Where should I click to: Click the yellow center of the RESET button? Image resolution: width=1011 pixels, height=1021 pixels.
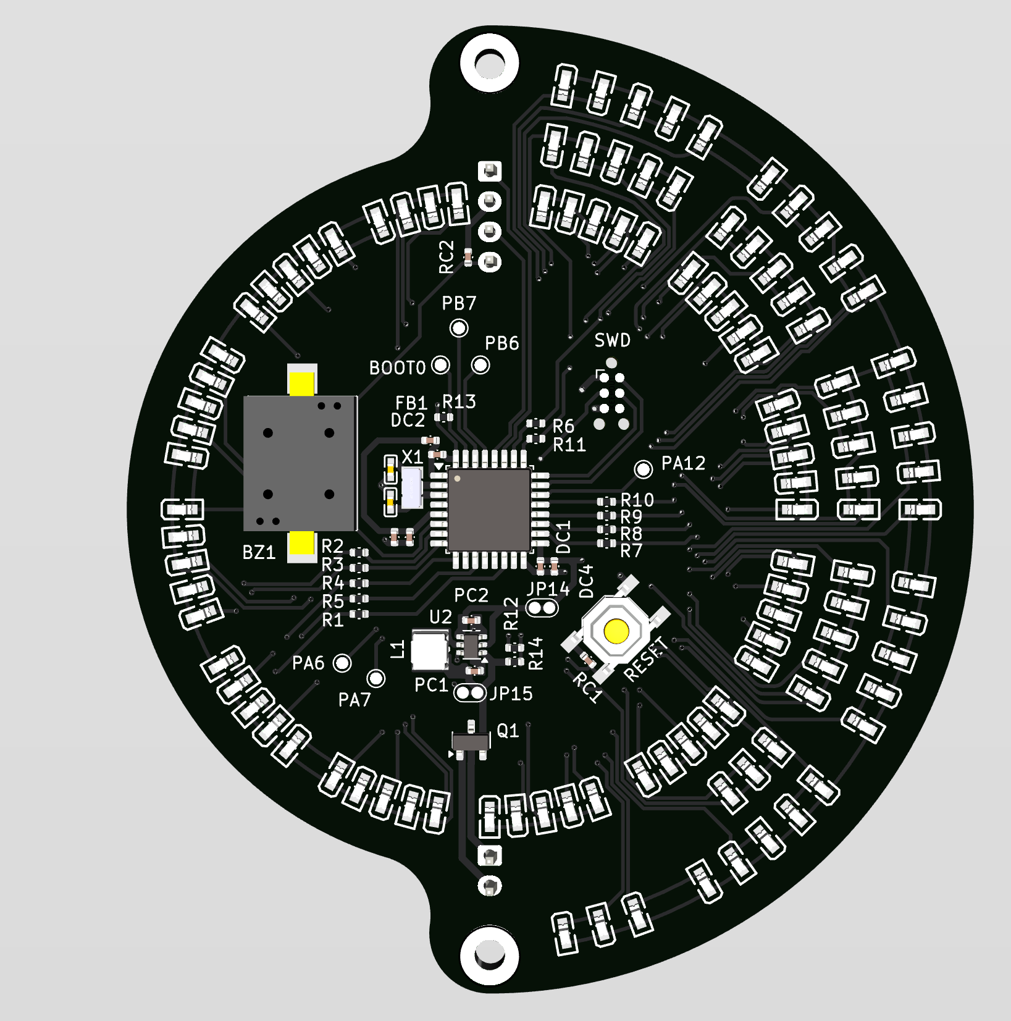tap(616, 631)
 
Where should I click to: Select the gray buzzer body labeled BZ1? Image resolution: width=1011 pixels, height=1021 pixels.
tap(300, 463)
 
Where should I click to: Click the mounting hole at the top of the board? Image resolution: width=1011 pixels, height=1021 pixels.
tap(489, 62)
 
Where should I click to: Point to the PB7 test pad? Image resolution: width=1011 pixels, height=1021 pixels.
tap(459, 328)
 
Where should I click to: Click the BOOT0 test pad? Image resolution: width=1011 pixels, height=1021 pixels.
tap(440, 365)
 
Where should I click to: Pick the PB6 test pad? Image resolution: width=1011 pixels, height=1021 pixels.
tap(480, 365)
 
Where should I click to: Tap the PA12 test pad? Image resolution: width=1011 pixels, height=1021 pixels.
tap(644, 469)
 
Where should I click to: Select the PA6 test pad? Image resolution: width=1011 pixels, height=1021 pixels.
tap(342, 663)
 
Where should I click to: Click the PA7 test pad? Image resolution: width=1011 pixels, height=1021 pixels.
tap(376, 678)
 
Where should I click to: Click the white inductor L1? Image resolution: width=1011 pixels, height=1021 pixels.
tap(429, 650)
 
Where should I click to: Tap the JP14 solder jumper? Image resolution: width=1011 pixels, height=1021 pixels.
tap(542, 608)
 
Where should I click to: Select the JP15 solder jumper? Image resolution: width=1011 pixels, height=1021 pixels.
tap(470, 693)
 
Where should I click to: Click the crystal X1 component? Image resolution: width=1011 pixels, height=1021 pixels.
tap(411, 487)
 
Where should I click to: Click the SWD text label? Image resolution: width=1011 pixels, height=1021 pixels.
tap(612, 340)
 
